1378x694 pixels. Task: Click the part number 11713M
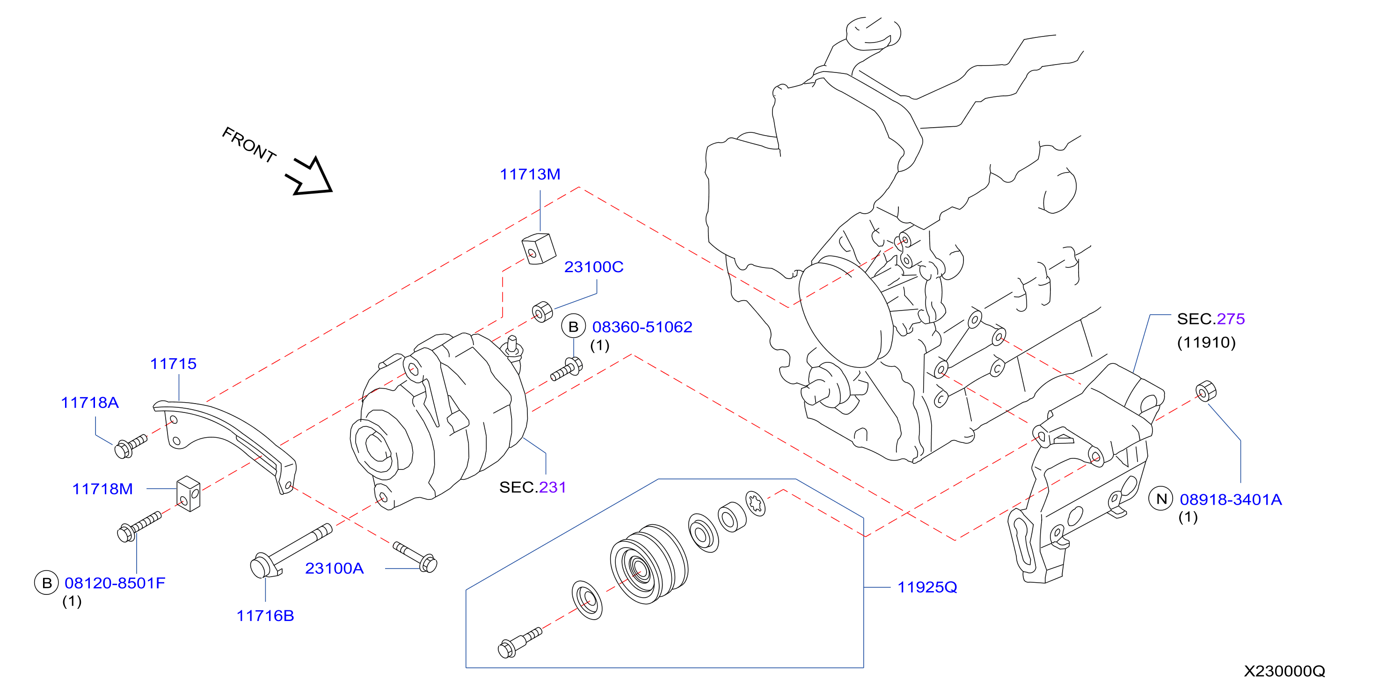tap(530, 174)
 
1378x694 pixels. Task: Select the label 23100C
tap(594, 267)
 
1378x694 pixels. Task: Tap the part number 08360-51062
tap(642, 327)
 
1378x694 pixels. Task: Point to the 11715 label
tap(173, 363)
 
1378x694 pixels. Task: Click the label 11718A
tap(90, 403)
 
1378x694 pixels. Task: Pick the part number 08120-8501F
tap(115, 583)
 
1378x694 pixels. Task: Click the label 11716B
tap(265, 616)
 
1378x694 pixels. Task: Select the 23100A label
tap(335, 568)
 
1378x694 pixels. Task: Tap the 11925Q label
tap(927, 587)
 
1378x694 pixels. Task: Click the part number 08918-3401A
tap(1231, 499)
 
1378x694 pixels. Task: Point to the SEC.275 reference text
tap(1211, 318)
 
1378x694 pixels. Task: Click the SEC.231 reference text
tap(533, 487)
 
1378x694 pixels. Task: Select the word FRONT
tap(249, 145)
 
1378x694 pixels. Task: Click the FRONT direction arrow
tap(310, 176)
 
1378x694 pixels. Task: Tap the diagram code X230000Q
tap(1284, 671)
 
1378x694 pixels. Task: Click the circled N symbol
tap(1161, 499)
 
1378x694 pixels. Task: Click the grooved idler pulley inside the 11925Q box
tap(649, 564)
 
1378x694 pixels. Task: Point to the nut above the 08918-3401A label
tap(1206, 391)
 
